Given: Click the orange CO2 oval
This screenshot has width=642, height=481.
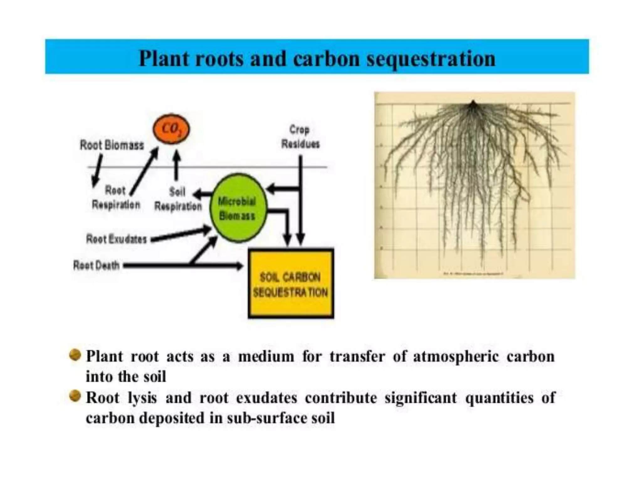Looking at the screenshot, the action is point(171,129).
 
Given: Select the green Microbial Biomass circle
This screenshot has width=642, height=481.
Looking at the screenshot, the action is point(238,208).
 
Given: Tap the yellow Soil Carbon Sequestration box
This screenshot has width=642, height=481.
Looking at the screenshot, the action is point(291,284).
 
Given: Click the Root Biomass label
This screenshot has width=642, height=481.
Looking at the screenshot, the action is point(112,145).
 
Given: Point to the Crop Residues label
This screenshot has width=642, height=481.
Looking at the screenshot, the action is point(300,137).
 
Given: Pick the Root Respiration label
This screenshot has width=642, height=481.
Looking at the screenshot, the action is point(116,198).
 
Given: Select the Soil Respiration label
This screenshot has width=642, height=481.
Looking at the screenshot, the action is point(178,199).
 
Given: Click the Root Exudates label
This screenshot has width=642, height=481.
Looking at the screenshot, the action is point(116,239).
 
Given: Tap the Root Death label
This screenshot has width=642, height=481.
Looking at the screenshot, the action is point(96,266).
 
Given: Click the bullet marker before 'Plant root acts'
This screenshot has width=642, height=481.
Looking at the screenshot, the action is point(75,355).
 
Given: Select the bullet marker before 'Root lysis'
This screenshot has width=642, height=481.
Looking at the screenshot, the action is point(75,396).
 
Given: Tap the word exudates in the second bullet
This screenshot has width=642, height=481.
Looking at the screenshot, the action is point(266,398).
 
